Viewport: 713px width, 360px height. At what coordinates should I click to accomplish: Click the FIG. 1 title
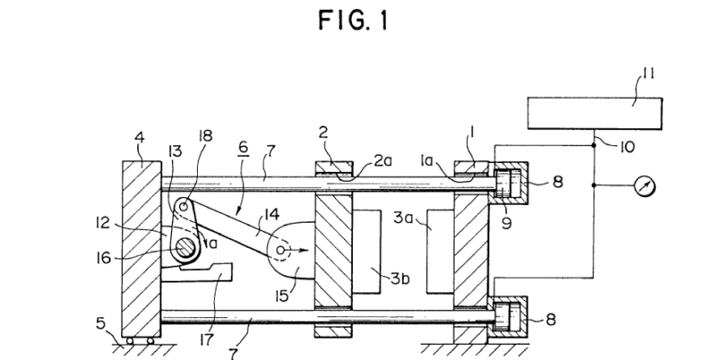point(353,20)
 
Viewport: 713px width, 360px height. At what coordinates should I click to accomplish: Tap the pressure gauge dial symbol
point(644,186)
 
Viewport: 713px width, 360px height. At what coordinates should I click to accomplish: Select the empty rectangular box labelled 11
point(594,113)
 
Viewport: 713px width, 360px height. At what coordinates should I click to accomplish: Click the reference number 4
point(140,137)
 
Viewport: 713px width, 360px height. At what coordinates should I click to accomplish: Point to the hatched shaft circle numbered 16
point(185,250)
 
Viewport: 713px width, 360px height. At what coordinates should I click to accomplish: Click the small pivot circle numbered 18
point(184,207)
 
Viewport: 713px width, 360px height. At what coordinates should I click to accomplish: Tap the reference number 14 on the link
point(272,214)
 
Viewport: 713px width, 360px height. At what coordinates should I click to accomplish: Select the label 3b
point(400,278)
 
